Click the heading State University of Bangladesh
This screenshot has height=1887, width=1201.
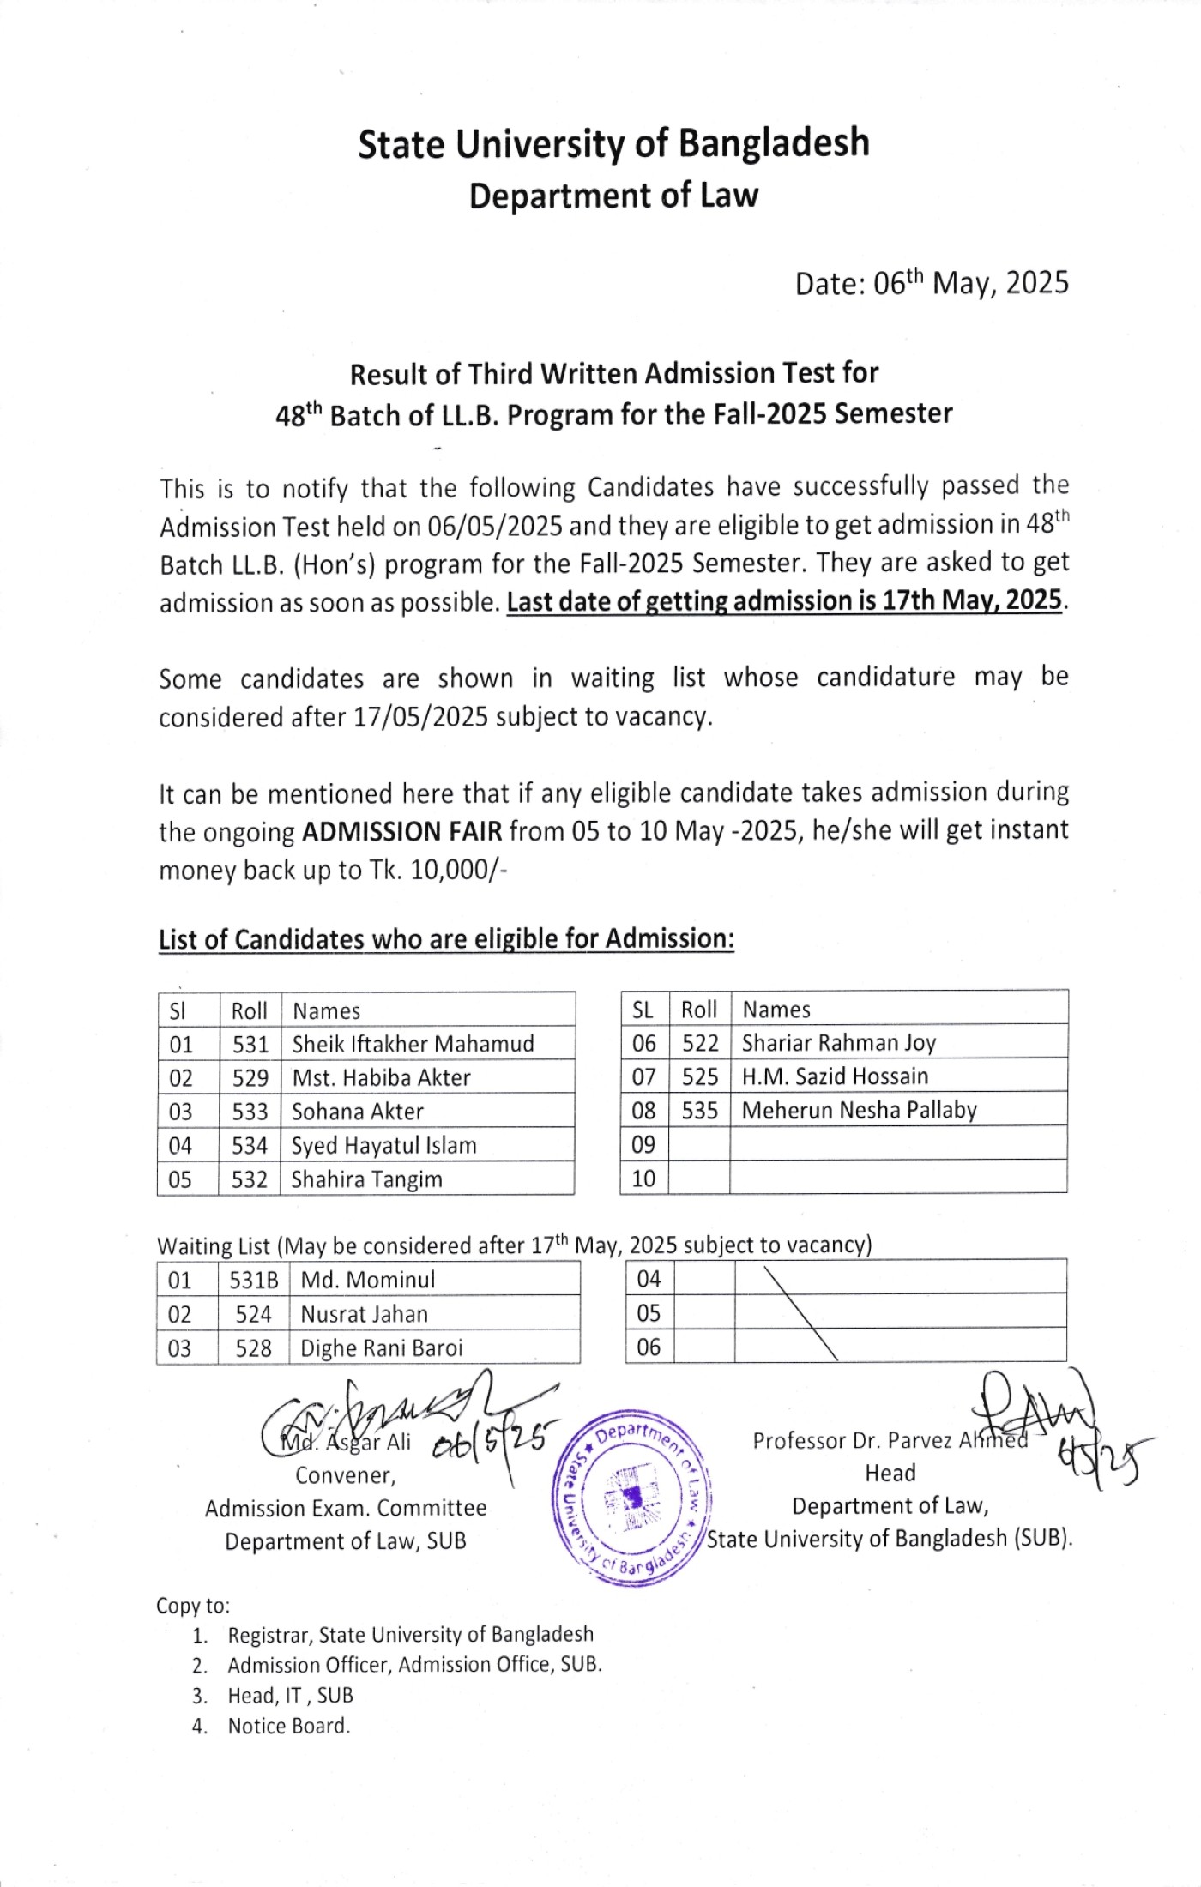613,143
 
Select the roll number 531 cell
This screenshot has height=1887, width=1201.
250,1044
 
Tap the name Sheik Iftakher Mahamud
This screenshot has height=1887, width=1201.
413,1044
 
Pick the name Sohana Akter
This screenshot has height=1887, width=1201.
358,1112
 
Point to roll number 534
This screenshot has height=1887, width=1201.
250,1145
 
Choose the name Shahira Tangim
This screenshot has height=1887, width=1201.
366,1179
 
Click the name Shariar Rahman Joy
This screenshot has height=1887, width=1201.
838,1043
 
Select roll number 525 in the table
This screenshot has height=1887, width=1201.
699,1076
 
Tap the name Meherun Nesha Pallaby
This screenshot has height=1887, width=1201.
859,1110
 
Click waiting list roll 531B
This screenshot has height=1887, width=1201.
253,1280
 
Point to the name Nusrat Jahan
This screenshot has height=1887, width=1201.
364,1314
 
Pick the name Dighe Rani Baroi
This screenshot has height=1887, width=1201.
381,1348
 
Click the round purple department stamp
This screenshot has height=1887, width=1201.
632,1498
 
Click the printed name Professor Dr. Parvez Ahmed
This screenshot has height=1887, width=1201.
889,1440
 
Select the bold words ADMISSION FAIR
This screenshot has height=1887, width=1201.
401,832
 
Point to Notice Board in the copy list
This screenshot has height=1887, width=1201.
288,1726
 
